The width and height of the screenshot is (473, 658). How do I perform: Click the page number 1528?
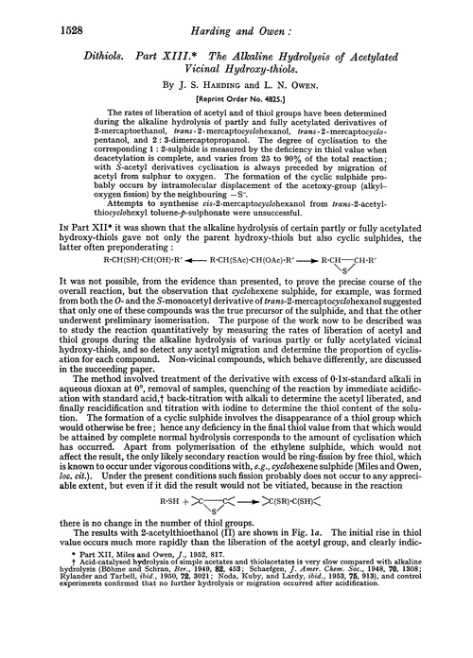click(x=32, y=17)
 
